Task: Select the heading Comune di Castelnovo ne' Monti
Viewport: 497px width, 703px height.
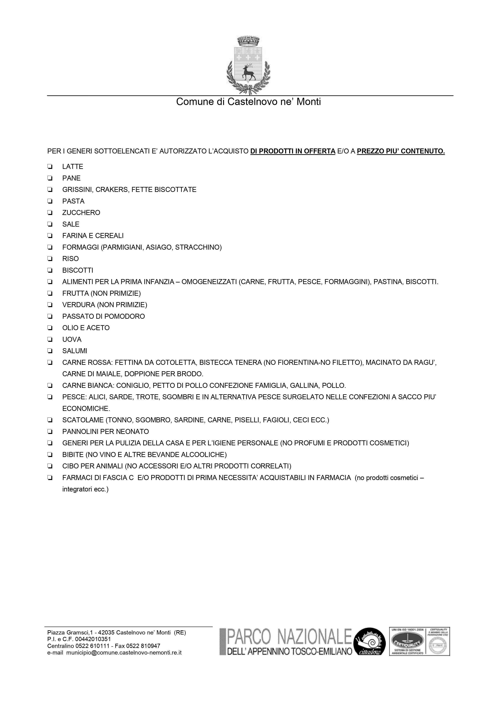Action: (x=248, y=102)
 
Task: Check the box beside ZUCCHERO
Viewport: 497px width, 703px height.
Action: (x=50, y=213)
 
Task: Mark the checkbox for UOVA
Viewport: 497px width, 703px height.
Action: (x=50, y=340)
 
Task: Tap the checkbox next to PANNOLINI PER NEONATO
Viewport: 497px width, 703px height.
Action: (x=50, y=432)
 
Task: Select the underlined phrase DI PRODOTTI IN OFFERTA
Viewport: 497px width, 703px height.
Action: (x=293, y=151)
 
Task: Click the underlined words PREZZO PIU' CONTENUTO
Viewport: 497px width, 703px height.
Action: (x=401, y=151)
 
